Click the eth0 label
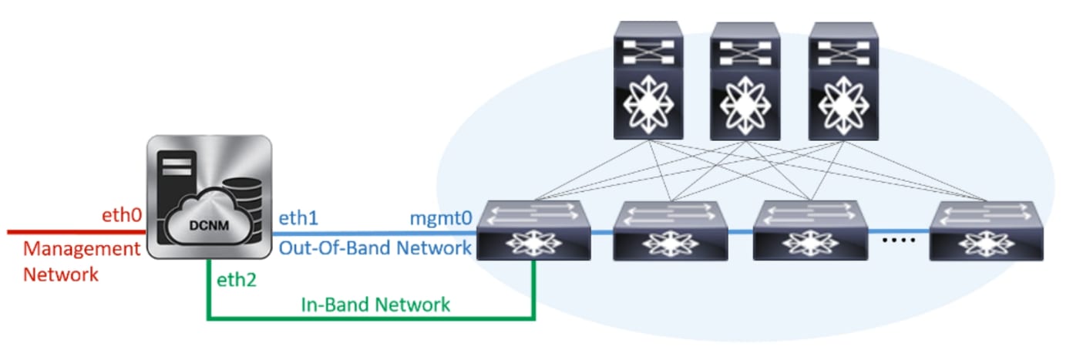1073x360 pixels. pos(122,216)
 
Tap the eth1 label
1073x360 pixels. pos(298,219)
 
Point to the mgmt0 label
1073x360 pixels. pos(440,219)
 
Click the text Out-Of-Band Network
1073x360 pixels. pos(375,247)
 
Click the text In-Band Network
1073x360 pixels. pos(375,304)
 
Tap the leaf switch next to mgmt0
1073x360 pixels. pos(534,230)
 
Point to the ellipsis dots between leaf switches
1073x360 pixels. pos(897,240)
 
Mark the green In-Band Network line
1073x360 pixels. pos(370,317)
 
